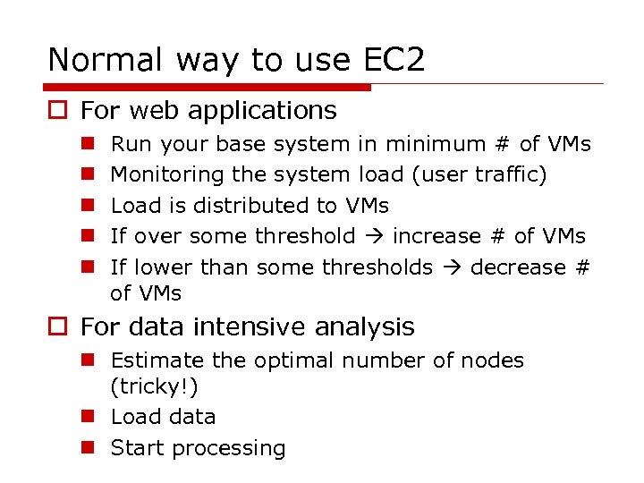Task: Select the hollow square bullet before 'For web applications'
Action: pyautogui.click(x=58, y=112)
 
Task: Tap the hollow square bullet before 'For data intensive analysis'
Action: pyautogui.click(x=58, y=328)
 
